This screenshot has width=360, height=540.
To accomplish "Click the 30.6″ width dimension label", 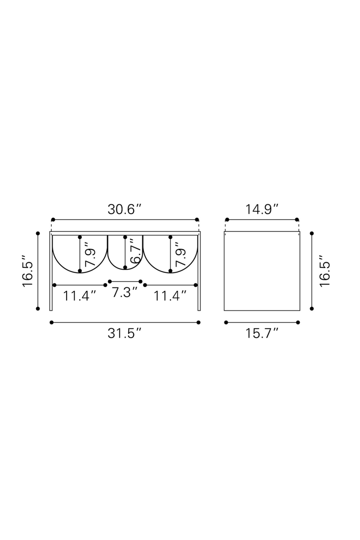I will tap(125, 210).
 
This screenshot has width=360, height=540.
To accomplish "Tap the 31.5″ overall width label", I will tap(125, 333).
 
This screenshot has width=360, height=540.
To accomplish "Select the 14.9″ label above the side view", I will tap(262, 210).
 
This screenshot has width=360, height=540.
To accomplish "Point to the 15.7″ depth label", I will tap(262, 333).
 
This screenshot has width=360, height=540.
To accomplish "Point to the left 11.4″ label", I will tap(80, 296).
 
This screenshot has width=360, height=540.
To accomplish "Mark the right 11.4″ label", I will tap(170, 296).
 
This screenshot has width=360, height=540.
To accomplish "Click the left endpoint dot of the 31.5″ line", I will tap(52, 322).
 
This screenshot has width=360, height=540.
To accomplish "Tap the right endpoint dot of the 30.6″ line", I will tap(198, 220).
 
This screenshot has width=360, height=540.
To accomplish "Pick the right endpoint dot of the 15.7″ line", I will tap(298, 322).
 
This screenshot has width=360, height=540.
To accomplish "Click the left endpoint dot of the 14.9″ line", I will tap(227, 220).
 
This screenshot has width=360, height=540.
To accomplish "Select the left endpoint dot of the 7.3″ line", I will tap(110, 281).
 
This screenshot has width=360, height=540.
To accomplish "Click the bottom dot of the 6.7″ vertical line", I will tap(125, 268).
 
